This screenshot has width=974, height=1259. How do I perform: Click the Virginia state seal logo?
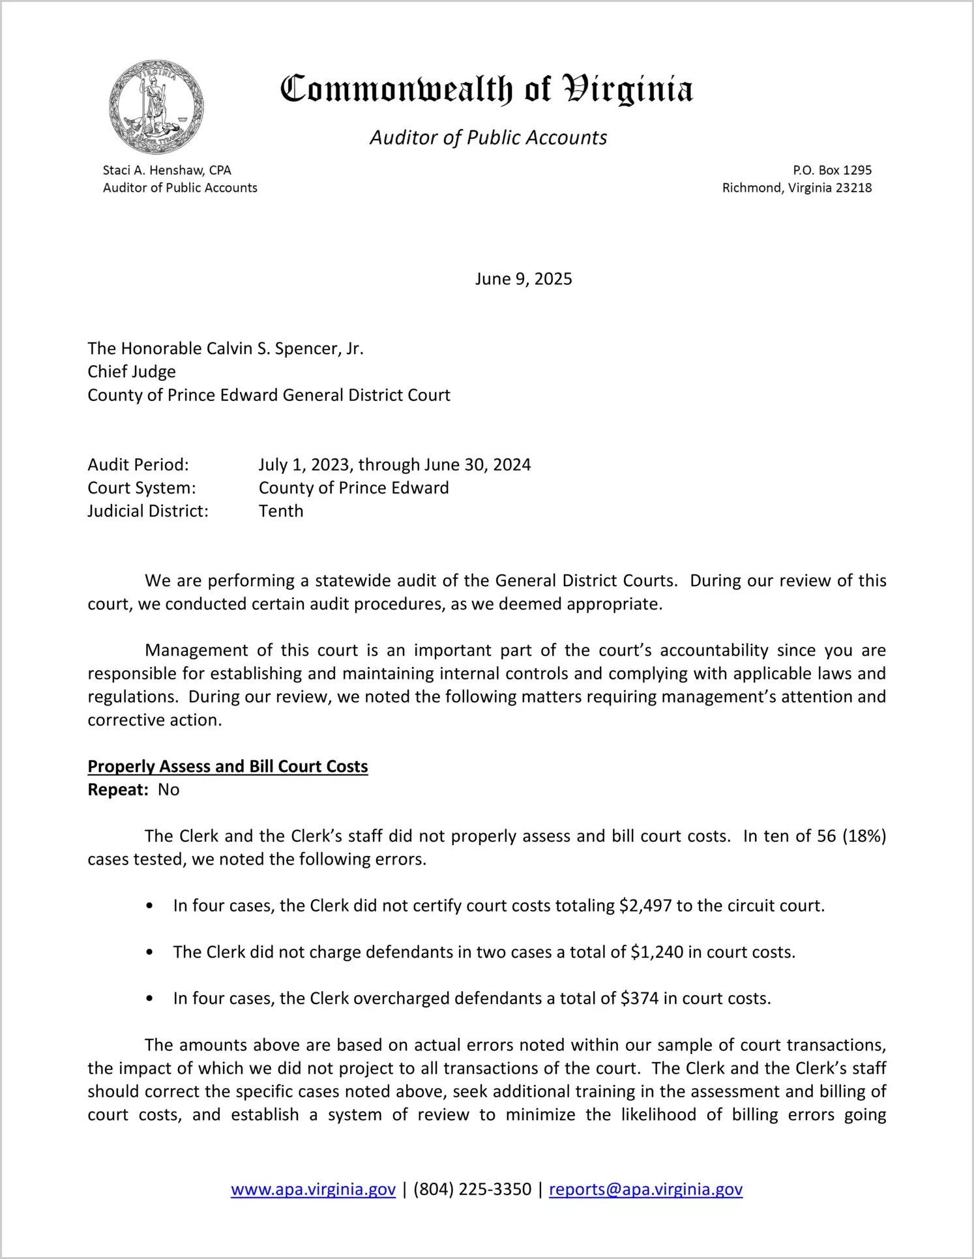coord(156,107)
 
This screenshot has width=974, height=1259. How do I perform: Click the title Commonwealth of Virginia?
coord(486,90)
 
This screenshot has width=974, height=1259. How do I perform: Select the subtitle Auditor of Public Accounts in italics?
coord(488,138)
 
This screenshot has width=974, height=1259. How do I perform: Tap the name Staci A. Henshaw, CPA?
coord(167,170)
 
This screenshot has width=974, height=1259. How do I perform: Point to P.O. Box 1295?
coord(832,170)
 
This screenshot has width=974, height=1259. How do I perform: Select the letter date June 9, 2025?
coord(524,279)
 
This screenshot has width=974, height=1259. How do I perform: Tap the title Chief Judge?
coord(132,372)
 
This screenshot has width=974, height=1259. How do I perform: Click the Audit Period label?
coord(138,465)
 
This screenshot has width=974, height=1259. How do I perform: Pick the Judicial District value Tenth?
coord(281,511)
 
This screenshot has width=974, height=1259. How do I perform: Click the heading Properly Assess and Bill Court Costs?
coord(228,767)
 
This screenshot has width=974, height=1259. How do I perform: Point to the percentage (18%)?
coord(864,837)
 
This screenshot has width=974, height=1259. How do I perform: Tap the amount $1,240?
coord(657,953)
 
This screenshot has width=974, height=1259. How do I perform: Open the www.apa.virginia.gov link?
coord(313,1189)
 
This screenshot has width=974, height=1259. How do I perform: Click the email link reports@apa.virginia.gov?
coord(645,1189)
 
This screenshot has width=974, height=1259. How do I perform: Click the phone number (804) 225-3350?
coord(472,1189)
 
